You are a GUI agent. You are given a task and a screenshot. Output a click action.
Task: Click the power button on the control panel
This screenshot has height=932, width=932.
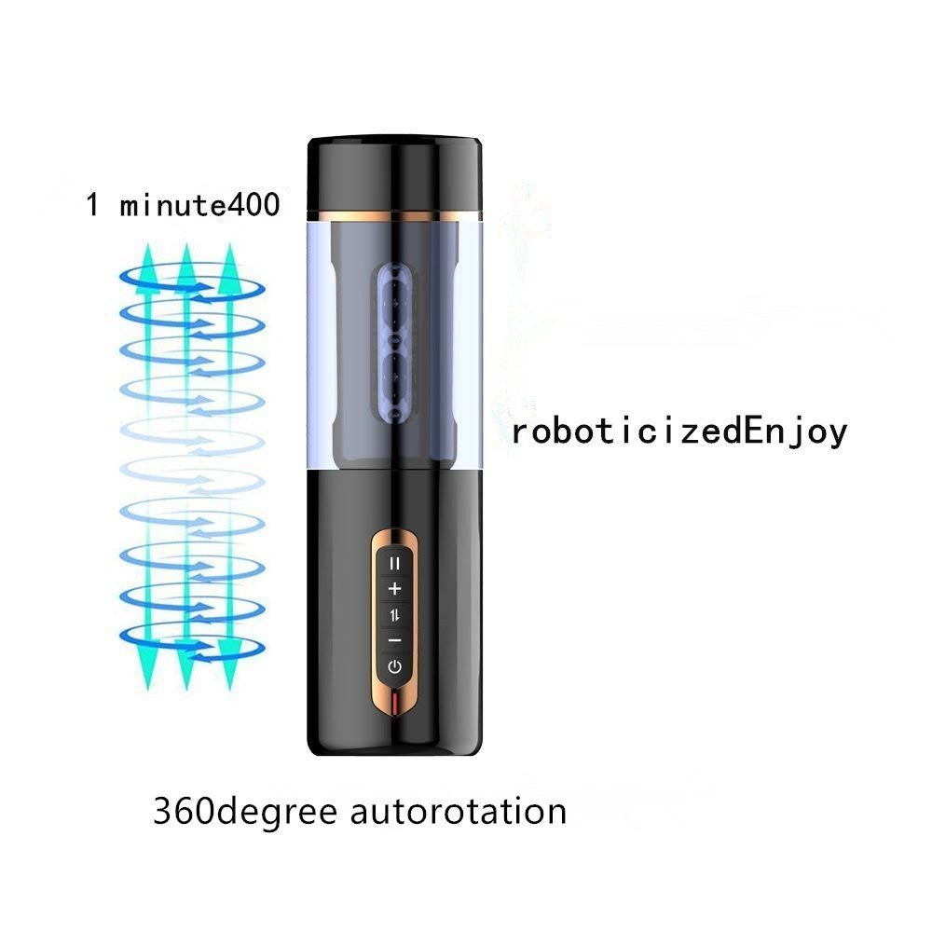pyautogui.click(x=394, y=666)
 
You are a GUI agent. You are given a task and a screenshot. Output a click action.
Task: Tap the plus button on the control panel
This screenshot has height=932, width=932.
pyautogui.click(x=394, y=589)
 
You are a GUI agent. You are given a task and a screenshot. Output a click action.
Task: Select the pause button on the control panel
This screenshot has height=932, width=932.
pyautogui.click(x=394, y=563)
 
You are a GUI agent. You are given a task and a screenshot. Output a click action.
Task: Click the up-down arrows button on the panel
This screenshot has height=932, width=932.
pyautogui.click(x=394, y=615)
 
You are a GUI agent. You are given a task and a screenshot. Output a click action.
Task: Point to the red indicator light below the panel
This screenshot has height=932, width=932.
pyautogui.click(x=394, y=703)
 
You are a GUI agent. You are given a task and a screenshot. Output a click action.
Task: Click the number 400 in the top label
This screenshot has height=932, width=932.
pyautogui.click(x=254, y=205)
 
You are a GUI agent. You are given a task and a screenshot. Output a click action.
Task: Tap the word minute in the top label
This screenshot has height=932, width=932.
pyautogui.click(x=173, y=206)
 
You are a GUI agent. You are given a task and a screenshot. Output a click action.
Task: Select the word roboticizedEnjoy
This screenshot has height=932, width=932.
pyautogui.click(x=679, y=432)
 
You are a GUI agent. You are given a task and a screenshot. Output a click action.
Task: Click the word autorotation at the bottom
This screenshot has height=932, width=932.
pyautogui.click(x=459, y=812)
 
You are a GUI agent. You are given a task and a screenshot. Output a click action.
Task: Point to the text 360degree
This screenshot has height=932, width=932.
pyautogui.click(x=245, y=813)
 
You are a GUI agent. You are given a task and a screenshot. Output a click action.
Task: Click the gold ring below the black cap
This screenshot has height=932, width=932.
pyautogui.click(x=394, y=215)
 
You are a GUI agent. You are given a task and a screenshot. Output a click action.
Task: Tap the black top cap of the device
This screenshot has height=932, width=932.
pyautogui.click(x=394, y=173)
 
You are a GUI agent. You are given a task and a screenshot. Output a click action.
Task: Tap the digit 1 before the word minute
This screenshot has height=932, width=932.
pyautogui.click(x=92, y=205)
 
